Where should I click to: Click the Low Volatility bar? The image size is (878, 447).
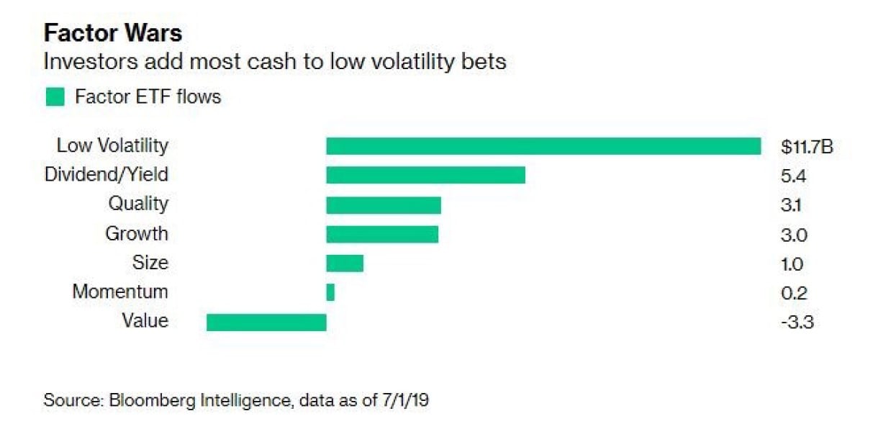pos(543,146)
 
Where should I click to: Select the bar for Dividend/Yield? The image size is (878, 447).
pos(425,176)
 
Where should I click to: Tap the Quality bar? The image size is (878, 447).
pos(383,205)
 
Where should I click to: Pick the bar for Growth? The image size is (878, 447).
pos(381,235)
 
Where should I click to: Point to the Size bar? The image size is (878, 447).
pos(345,263)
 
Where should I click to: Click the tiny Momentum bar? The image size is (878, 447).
pos(330,292)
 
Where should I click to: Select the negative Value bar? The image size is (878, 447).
pos(266,322)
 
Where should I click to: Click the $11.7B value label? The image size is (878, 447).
pos(807,147)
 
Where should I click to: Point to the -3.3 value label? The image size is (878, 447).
pos(797,322)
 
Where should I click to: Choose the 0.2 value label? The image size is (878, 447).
pos(794,293)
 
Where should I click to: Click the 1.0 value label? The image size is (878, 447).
pos(792,263)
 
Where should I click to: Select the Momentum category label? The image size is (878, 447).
pos(120,292)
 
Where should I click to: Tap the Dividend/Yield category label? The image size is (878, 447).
pos(107,174)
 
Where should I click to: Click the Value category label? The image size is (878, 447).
pos(145,320)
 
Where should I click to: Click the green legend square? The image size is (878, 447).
pos(55,96)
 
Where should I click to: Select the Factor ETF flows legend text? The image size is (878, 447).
pos(148,96)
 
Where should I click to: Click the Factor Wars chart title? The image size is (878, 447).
pos(113,33)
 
